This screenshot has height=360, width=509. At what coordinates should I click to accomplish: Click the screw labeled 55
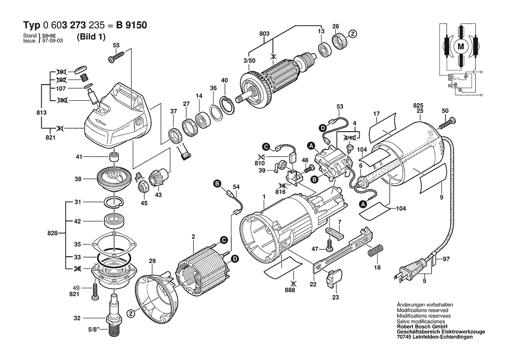(x=118, y=56)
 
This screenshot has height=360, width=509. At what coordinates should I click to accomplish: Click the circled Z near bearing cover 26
(x=353, y=34)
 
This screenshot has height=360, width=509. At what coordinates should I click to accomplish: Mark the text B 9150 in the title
(x=131, y=25)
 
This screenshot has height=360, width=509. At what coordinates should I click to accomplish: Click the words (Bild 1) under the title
(x=91, y=37)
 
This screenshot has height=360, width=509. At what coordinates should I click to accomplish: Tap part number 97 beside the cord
(x=446, y=259)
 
